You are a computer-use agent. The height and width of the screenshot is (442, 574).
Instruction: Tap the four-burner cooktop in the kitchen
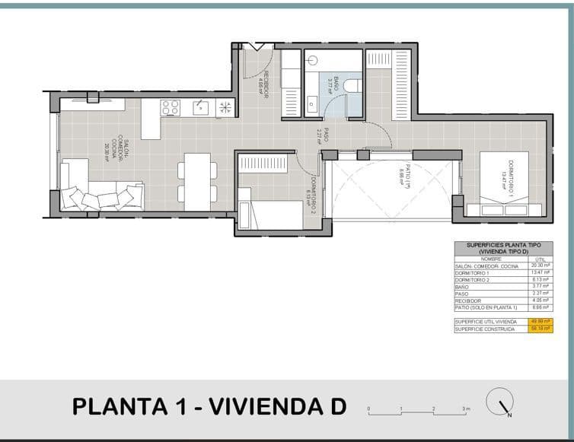point(171,108)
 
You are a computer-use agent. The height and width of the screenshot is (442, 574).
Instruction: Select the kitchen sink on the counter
point(200,107)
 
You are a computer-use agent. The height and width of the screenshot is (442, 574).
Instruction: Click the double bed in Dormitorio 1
point(504,183)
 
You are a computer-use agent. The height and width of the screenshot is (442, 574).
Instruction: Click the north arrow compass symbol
point(502,404)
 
